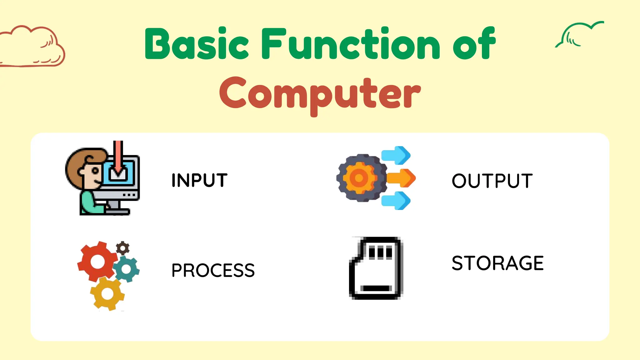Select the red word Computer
(x=320, y=93)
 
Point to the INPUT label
(x=199, y=180)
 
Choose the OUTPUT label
(x=492, y=181)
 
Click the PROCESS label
(x=213, y=270)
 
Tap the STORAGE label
(x=497, y=263)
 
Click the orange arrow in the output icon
(x=402, y=178)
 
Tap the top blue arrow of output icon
(x=396, y=155)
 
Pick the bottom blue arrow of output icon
(x=396, y=201)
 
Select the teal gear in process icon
(x=127, y=269)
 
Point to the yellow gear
(x=107, y=294)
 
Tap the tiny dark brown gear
(x=122, y=248)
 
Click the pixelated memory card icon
(x=376, y=268)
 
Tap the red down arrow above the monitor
(x=118, y=156)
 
